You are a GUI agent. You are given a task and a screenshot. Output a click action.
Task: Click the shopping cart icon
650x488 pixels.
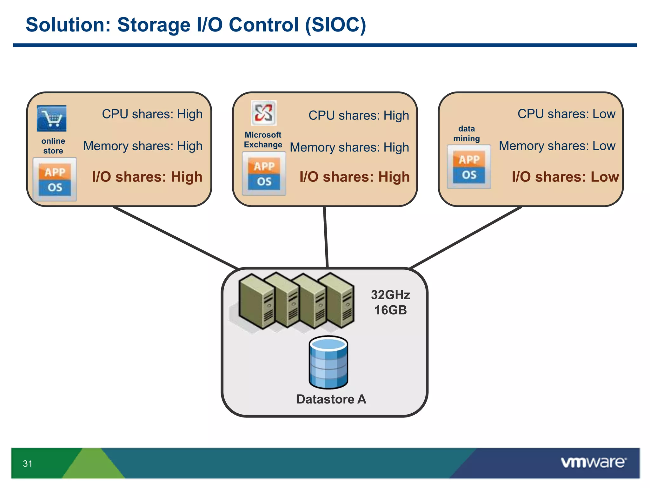coord(51,119)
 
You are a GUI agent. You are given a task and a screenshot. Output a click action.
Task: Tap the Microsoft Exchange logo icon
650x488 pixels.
coord(264,113)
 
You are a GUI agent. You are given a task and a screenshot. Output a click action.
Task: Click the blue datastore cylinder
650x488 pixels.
coord(328,363)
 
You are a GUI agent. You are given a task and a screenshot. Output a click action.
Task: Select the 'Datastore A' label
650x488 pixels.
coord(331,399)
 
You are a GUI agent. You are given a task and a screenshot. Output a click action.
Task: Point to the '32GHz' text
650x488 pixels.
coord(390,295)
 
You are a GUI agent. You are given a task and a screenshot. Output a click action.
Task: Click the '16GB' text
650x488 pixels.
coord(390,310)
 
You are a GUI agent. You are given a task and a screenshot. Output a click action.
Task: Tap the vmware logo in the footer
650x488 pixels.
coord(593,462)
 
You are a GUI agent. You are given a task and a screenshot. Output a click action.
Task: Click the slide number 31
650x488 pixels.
coord(28,464)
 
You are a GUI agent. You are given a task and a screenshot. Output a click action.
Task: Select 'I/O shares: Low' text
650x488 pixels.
coord(565,177)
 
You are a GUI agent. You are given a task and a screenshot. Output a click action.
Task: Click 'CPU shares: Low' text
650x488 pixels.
coord(566,114)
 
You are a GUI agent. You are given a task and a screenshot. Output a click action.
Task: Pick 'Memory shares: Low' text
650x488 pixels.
coord(557,146)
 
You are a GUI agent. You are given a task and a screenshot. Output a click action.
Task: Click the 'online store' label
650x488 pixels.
coord(53,146)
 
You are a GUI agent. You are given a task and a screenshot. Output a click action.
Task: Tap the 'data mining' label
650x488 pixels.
coord(466,133)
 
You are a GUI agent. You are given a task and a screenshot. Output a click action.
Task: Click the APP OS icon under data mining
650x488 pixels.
coord(469,167)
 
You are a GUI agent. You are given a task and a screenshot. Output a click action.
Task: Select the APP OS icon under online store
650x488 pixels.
coord(55,180)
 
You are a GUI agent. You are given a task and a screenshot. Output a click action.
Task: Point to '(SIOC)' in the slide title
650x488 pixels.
coord(335,25)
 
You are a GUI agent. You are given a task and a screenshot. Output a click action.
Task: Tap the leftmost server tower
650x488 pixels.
coord(256,302)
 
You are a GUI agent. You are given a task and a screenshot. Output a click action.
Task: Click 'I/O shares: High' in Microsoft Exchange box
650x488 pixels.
coord(355,177)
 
